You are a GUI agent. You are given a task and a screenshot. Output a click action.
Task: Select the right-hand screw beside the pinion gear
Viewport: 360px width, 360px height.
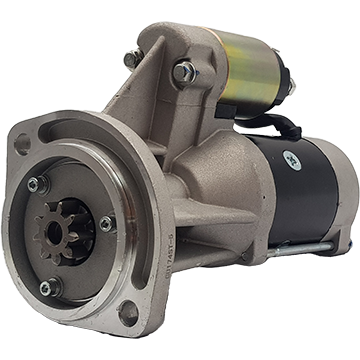(x=106, y=224)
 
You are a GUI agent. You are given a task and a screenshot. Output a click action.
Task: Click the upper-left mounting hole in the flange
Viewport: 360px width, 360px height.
(x=21, y=143)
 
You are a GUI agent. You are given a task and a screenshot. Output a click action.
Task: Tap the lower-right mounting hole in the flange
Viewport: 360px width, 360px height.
(x=128, y=313)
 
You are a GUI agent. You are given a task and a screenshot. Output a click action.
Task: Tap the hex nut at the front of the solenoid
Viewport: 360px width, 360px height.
(x=183, y=71)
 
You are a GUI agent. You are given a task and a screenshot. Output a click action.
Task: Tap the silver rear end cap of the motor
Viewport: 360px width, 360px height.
(x=345, y=200)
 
